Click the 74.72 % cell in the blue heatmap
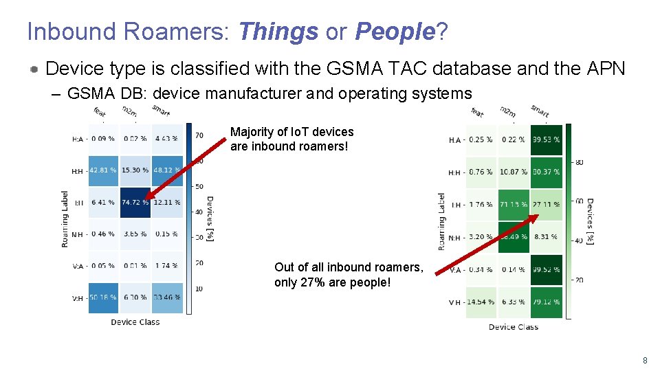point(135,203)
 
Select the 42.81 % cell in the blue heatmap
point(103,170)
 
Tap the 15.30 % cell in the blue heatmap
point(135,170)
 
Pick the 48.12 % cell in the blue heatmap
point(166,170)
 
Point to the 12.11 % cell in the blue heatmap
point(166,203)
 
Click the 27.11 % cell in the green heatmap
point(546,205)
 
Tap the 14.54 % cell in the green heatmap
point(480,302)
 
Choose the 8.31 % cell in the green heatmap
point(546,237)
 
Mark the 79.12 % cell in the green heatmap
point(546,302)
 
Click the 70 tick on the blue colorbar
point(199,135)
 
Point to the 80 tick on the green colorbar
point(579,163)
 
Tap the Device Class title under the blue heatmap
point(135,322)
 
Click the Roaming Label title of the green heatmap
point(442,220)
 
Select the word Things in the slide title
point(278,32)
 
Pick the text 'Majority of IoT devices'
point(291,132)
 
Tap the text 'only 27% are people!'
point(332,282)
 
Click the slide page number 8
point(644,360)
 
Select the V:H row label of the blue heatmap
point(78,298)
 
